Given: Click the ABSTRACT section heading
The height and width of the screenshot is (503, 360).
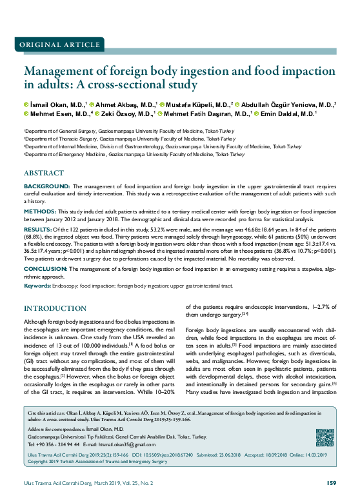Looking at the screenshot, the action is pos(43,173).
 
